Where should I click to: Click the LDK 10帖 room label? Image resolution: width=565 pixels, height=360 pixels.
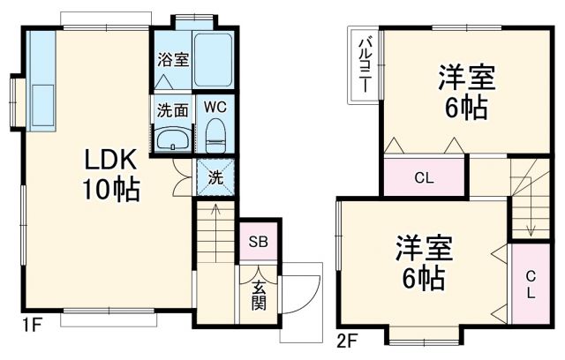pyautogui.click(x=110, y=174)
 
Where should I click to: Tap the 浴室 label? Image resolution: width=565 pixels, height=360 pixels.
pyautogui.click(x=173, y=60)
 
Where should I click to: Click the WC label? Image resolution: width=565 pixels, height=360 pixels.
pyautogui.click(x=216, y=107)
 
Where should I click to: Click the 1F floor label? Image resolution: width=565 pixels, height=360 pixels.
pyautogui.click(x=31, y=325)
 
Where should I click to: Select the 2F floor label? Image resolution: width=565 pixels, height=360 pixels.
pyautogui.click(x=346, y=338)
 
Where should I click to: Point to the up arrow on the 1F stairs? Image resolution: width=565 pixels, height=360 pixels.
pyautogui.click(x=215, y=212)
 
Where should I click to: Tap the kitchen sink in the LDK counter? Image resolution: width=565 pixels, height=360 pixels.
pyautogui.click(x=41, y=96)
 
